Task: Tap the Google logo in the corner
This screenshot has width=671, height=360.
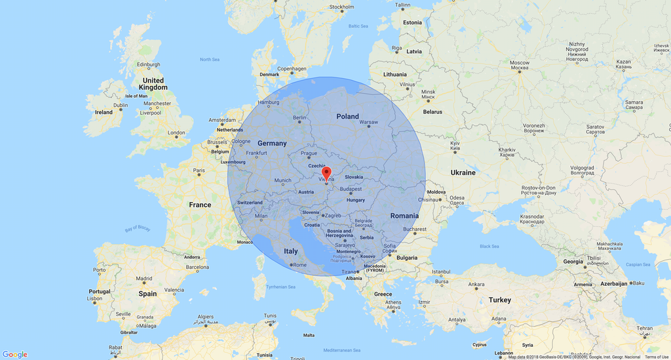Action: pyautogui.click(x=14, y=354)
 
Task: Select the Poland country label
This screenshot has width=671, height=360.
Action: pyautogui.click(x=348, y=116)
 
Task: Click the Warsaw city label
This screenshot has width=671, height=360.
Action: pyautogui.click(x=369, y=122)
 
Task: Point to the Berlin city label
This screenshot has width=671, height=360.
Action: pyautogui.click(x=299, y=118)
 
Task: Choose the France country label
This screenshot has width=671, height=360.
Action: pyautogui.click(x=200, y=205)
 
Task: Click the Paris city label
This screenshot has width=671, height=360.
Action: pyautogui.click(x=199, y=170)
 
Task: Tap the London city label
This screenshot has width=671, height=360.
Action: pyautogui.click(x=176, y=133)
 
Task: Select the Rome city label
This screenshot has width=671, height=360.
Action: pyautogui.click(x=299, y=264)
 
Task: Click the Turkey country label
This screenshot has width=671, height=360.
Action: pyautogui.click(x=499, y=300)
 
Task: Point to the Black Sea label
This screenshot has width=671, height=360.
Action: pyautogui.click(x=489, y=247)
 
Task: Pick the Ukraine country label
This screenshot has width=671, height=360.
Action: pyautogui.click(x=463, y=172)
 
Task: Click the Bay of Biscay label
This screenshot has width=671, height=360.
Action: pyautogui.click(x=138, y=230)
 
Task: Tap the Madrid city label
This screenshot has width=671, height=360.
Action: pyautogui.click(x=144, y=279)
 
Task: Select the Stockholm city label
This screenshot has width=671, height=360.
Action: pyautogui.click(x=341, y=7)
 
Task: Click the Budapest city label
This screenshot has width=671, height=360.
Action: pyautogui.click(x=351, y=189)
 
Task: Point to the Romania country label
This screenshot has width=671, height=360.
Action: pyautogui.click(x=404, y=216)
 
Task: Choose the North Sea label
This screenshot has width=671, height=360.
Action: pyautogui.click(x=210, y=60)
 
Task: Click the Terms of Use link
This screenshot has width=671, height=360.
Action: pyautogui.click(x=657, y=357)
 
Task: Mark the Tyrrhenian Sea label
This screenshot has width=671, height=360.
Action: pyautogui.click(x=281, y=287)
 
